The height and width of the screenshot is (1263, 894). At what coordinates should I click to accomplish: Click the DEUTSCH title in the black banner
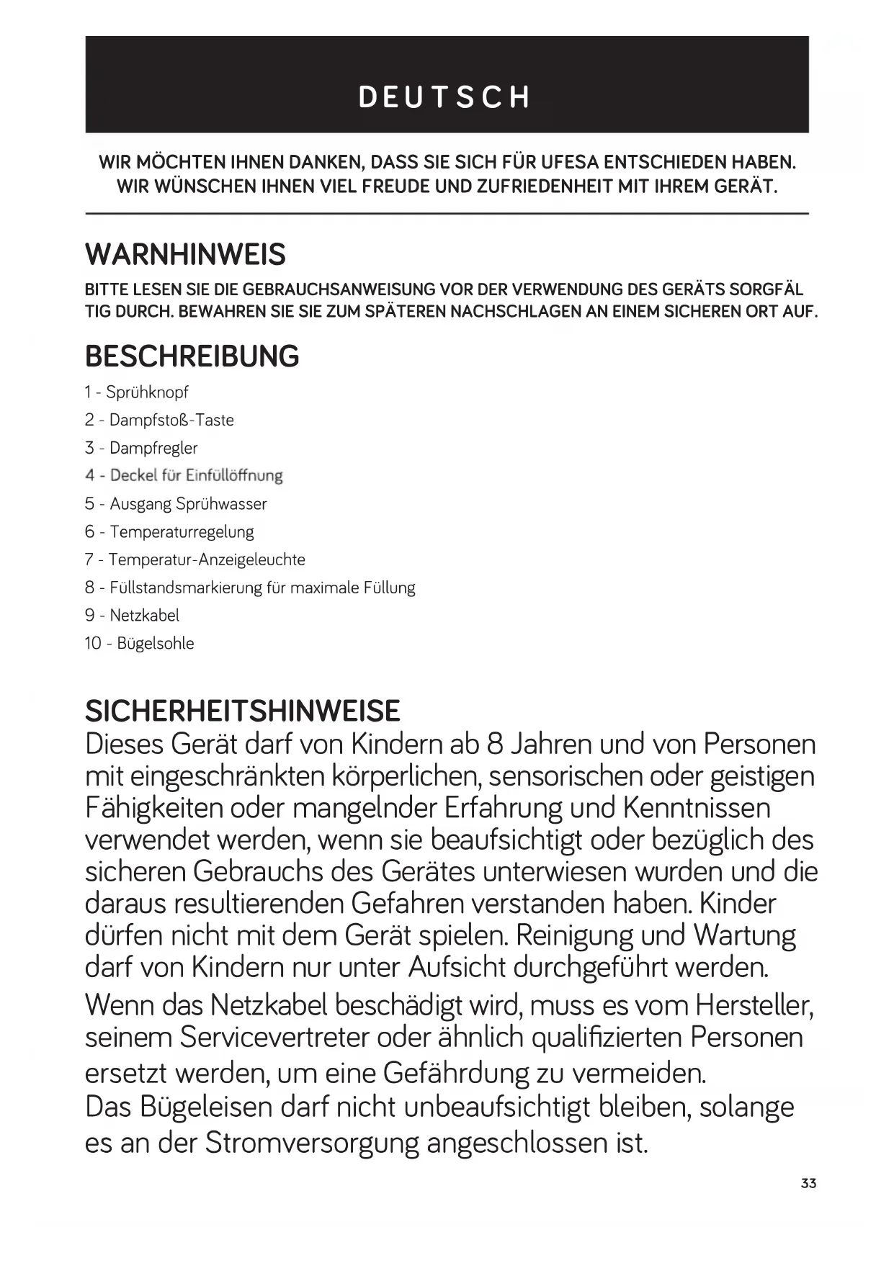[x=446, y=97]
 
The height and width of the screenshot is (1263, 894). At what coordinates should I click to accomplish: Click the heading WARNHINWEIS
[x=185, y=255]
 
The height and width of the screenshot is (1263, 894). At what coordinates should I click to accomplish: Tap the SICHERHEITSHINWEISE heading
[x=242, y=711]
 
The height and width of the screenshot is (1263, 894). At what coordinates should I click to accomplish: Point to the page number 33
[x=808, y=1183]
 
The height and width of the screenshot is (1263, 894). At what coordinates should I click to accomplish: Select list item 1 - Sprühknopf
[x=136, y=392]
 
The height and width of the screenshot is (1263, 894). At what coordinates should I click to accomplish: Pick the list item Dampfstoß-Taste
[x=171, y=421]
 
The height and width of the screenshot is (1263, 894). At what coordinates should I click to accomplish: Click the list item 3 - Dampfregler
[x=141, y=448]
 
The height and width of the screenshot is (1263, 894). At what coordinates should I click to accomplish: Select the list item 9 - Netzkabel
[x=132, y=616]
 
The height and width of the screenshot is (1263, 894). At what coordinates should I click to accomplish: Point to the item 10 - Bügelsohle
[x=139, y=644]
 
